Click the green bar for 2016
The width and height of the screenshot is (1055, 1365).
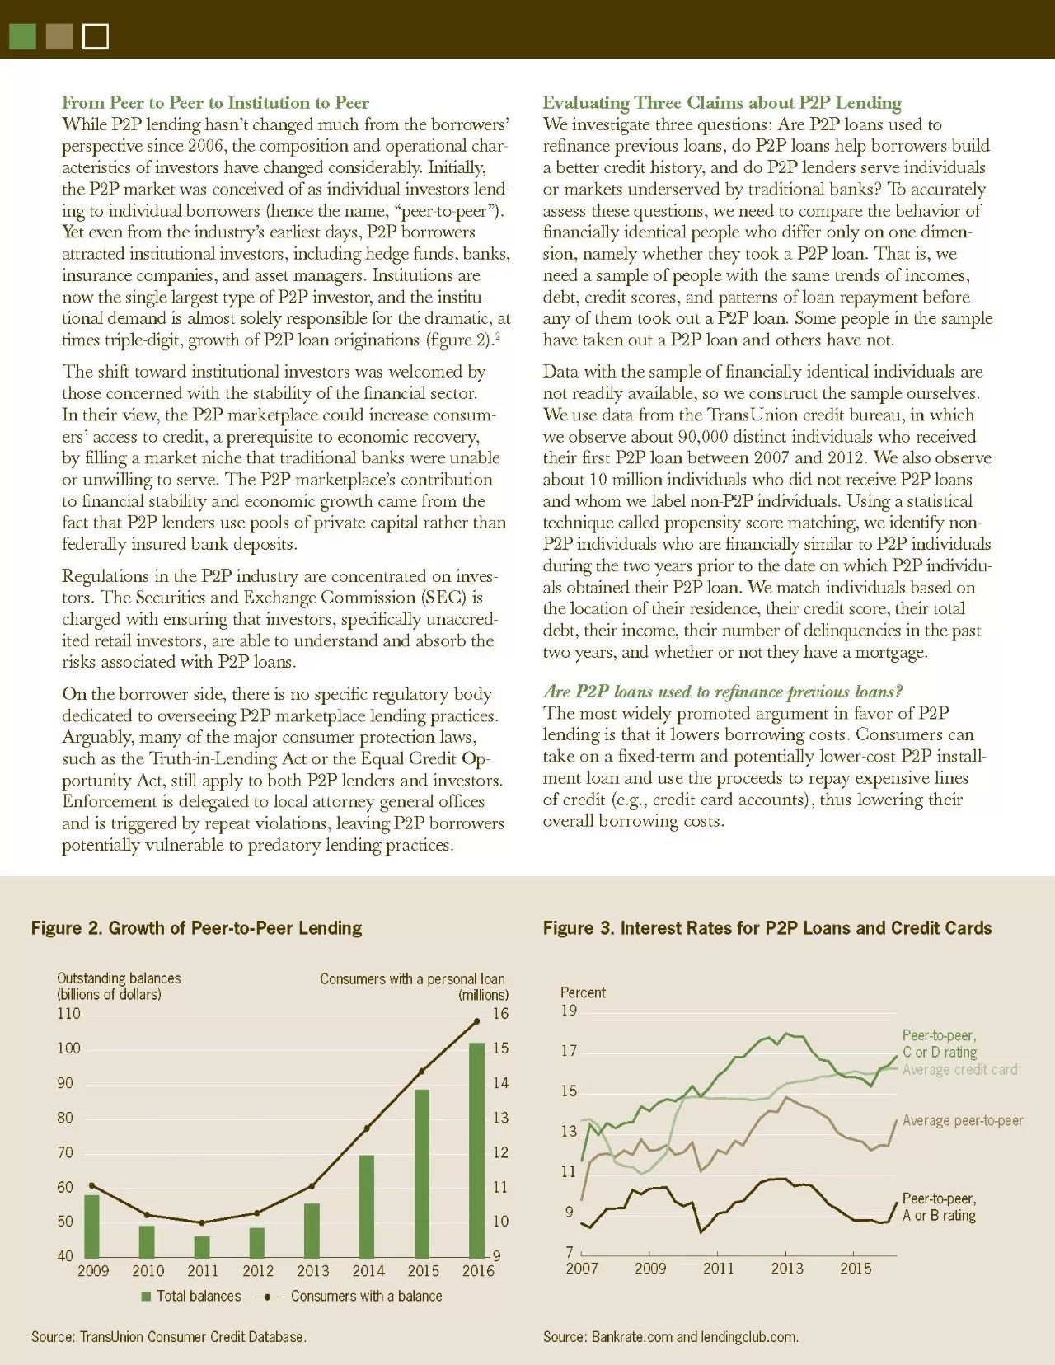tap(476, 1149)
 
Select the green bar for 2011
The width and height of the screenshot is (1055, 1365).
tap(202, 1246)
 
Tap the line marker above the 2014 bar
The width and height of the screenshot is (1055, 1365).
tap(367, 1128)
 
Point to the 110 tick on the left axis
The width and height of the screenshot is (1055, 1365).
tap(69, 1013)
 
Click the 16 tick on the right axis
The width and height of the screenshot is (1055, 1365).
tap(500, 1013)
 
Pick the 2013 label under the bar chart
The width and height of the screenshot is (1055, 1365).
tap(312, 1270)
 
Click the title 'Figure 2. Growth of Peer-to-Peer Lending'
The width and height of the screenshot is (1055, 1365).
tap(196, 928)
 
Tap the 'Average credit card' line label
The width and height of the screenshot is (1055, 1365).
tap(959, 1069)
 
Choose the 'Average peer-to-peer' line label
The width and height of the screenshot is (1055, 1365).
tap(962, 1120)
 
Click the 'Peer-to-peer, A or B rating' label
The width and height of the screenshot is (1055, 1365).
tap(939, 1207)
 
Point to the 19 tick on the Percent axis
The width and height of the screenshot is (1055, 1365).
tap(569, 1011)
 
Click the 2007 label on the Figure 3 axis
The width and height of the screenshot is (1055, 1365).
tap(581, 1268)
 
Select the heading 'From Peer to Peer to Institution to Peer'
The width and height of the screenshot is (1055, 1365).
tap(215, 103)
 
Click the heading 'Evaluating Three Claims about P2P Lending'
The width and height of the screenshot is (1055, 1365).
tap(721, 103)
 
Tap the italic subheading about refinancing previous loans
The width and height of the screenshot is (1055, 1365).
tap(722, 692)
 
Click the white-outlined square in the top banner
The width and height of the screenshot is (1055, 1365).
tap(96, 36)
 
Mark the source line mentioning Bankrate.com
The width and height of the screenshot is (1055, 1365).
tap(670, 1336)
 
